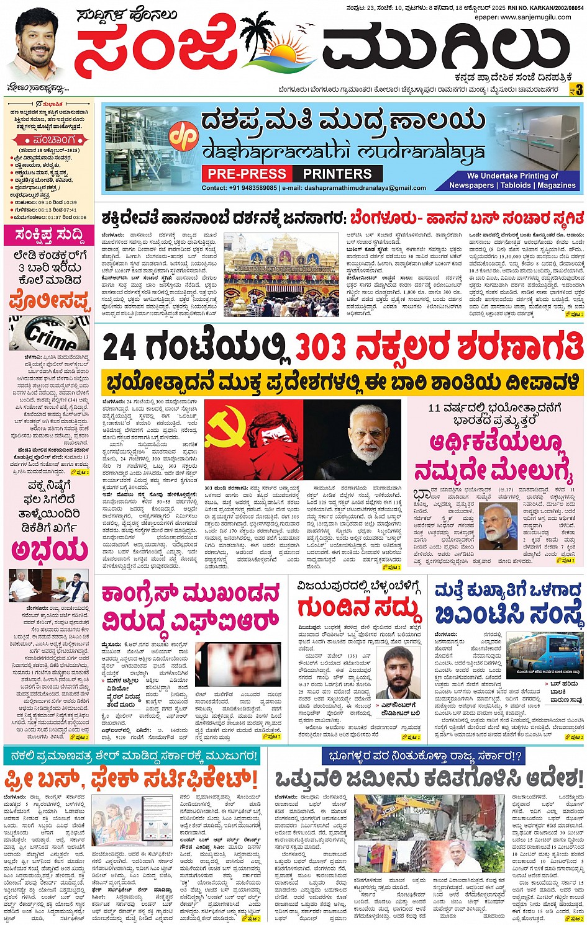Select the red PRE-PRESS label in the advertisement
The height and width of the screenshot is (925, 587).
(x=247, y=174)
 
